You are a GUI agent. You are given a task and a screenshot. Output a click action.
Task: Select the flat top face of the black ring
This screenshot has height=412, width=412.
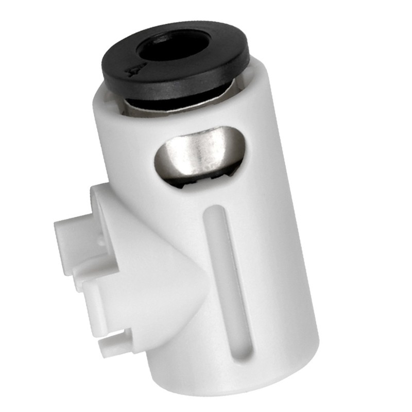click(216, 62)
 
